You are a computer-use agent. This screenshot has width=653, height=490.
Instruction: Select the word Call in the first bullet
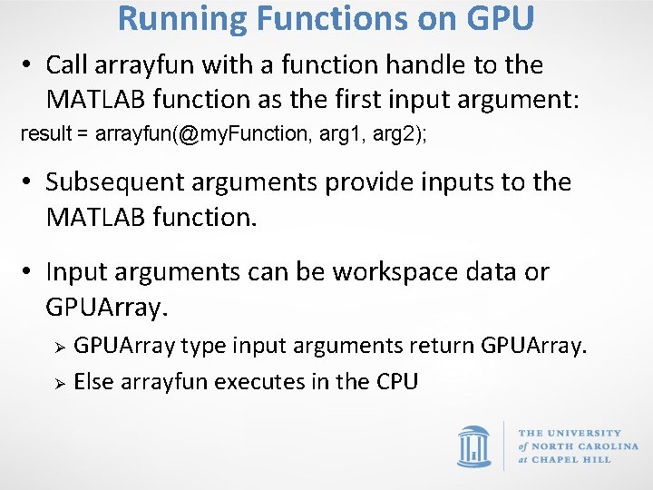coord(66,65)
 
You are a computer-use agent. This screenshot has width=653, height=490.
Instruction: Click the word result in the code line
coord(44,134)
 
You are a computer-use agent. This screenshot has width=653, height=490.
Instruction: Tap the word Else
coord(93,382)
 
